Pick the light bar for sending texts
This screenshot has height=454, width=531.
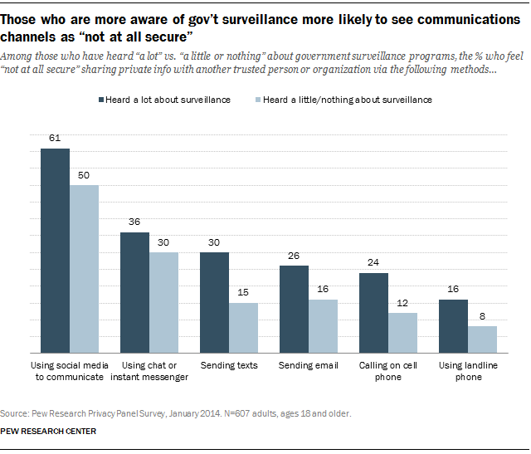(x=243, y=327)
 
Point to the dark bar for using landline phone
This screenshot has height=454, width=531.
(x=452, y=325)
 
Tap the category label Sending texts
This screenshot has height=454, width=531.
(x=229, y=365)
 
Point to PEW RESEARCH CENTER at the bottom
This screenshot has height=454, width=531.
(x=48, y=431)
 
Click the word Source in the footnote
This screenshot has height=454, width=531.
(x=15, y=412)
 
